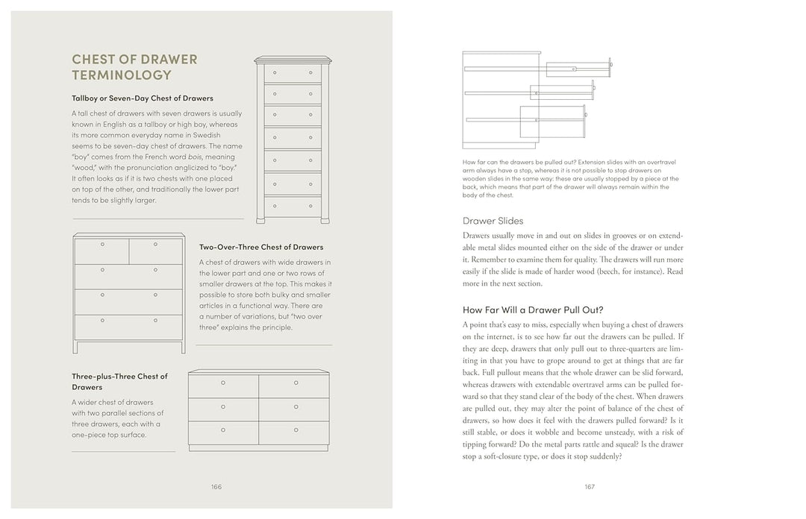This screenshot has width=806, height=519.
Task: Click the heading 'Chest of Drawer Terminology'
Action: point(134,67)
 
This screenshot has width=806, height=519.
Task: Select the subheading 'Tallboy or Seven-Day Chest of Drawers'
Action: point(142,98)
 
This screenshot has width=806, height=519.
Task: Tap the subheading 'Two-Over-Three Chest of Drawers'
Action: point(260,247)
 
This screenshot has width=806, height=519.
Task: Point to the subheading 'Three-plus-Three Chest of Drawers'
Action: point(119,382)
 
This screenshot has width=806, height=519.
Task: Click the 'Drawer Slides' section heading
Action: point(493,221)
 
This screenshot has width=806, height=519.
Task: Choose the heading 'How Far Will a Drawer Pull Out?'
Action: point(533,309)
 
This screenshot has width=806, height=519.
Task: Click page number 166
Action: point(216,487)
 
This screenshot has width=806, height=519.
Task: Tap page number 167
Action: point(589,487)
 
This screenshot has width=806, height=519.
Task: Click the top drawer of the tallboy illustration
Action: point(293,73)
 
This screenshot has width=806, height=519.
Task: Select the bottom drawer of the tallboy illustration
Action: point(293,207)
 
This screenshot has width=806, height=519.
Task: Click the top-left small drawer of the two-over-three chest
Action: point(101,251)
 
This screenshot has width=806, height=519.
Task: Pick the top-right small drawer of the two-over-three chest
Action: point(156,251)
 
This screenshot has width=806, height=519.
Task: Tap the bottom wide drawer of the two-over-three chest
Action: point(128,327)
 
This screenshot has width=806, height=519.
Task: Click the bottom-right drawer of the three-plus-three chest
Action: point(296,430)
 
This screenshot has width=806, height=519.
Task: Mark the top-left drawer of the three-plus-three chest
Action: point(223,384)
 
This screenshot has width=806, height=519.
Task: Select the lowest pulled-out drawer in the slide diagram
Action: point(552,119)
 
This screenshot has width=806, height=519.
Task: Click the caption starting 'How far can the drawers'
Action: point(571,179)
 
